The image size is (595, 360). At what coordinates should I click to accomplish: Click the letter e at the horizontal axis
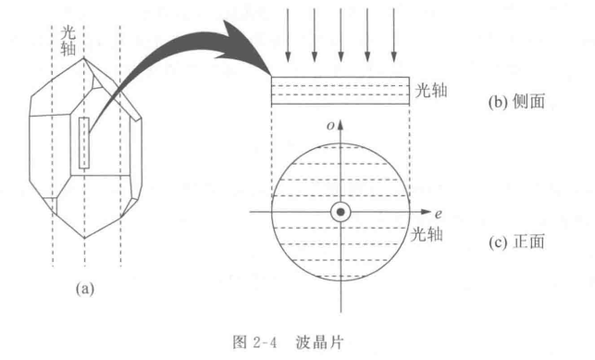coord(441,213)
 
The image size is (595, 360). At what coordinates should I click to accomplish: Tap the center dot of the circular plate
coord(341,213)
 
